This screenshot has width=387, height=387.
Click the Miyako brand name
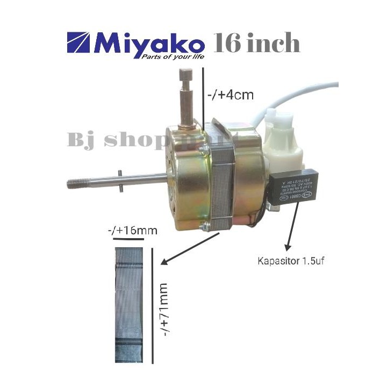149,44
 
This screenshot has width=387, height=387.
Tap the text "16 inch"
256,44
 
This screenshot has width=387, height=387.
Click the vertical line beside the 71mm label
152,304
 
